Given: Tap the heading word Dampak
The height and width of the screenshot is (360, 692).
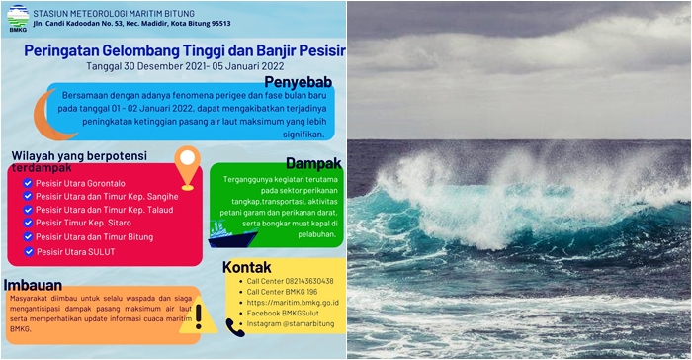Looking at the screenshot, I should coord(314,162).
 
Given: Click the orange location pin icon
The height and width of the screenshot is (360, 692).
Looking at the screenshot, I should coord(186,167).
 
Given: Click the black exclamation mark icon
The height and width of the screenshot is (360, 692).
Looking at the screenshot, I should coord(198,315).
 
